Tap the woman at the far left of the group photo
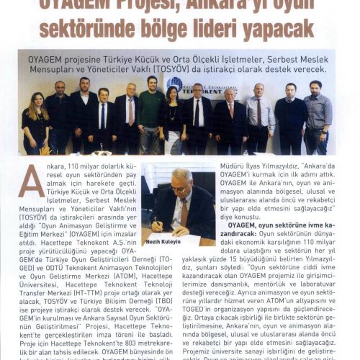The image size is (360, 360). (x=34, y=122)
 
